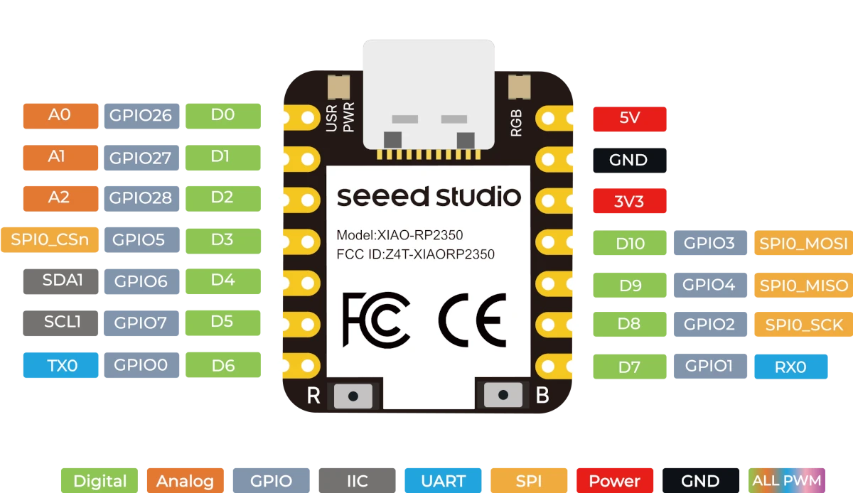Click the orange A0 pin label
(x=60, y=116)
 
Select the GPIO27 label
(x=141, y=158)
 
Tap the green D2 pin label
(x=223, y=198)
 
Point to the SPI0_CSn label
(x=50, y=240)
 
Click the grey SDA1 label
(x=60, y=281)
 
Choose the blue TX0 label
(x=60, y=365)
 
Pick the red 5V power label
(x=630, y=119)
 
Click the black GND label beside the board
(x=630, y=161)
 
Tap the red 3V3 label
(x=630, y=200)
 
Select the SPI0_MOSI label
(x=803, y=242)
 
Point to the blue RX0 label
(x=791, y=367)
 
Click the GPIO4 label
(x=710, y=285)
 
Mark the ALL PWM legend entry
(x=787, y=480)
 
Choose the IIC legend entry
(x=357, y=480)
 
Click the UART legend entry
(x=444, y=480)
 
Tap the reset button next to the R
(x=353, y=396)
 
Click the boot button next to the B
(x=503, y=395)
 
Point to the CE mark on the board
(x=472, y=320)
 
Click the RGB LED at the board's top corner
(x=520, y=87)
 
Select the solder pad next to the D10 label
(x=554, y=242)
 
